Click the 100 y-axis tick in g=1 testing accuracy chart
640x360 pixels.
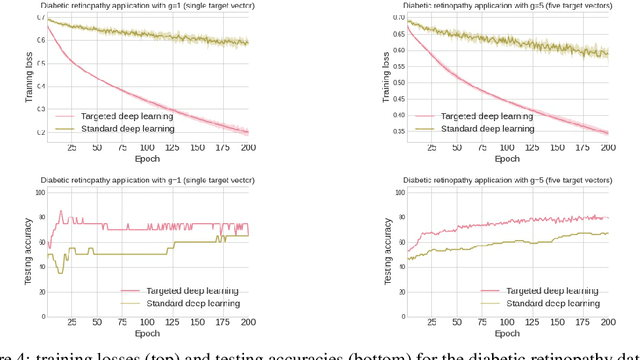(x=38, y=192)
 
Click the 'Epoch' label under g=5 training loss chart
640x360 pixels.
(x=507, y=158)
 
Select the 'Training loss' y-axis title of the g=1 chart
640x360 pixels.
(x=22, y=77)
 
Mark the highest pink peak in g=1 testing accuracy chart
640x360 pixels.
(x=60, y=211)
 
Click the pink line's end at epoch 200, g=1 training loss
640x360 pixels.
(x=248, y=132)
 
